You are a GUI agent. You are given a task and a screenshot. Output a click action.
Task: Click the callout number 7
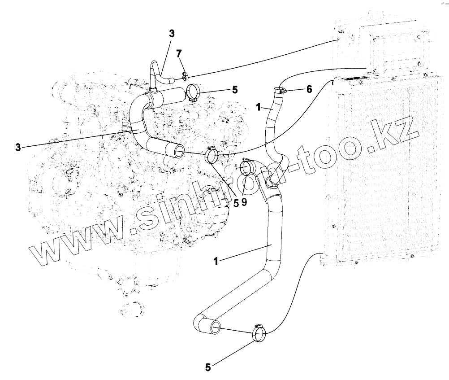coord(179,54)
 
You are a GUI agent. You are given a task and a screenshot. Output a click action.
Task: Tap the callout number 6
coord(309,89)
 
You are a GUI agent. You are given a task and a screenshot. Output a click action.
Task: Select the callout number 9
coord(244,202)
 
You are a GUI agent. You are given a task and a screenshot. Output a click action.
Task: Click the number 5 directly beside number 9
coord(236,202)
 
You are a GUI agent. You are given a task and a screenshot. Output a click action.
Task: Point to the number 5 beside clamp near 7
coord(235,90)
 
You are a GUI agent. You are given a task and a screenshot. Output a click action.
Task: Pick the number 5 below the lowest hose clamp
coord(208,367)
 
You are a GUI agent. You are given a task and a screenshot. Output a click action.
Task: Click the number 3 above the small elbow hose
coord(172,34)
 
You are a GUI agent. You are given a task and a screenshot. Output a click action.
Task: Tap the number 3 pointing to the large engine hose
coord(18,147)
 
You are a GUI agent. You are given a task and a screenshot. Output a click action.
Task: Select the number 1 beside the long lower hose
coord(216,261)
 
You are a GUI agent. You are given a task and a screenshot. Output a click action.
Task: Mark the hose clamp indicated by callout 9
coord(246,167)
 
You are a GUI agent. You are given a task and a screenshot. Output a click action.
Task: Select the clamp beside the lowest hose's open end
coord(259,333)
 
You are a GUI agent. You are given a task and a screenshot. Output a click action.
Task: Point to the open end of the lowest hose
coord(216,327)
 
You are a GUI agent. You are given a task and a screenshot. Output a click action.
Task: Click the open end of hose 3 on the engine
coord(178,151)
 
